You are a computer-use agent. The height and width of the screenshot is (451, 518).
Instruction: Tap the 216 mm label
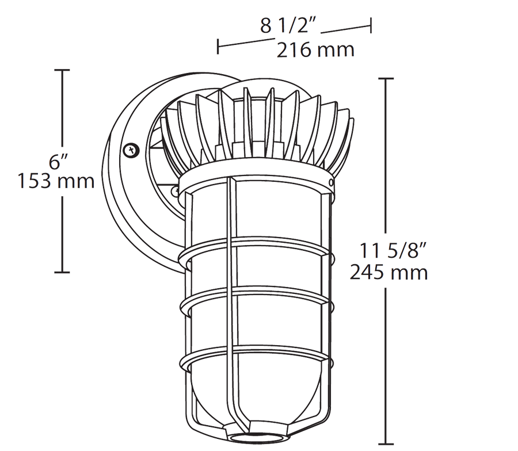(315, 50)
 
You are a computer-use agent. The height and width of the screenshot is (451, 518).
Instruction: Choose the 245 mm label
(389, 271)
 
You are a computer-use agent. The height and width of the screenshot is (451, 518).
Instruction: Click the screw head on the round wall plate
(132, 150)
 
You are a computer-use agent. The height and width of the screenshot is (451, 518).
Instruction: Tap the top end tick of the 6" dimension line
(62, 70)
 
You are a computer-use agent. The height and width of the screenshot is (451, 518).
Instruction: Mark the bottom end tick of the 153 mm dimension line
(62, 272)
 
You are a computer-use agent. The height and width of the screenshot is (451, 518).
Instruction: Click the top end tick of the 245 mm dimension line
(385, 78)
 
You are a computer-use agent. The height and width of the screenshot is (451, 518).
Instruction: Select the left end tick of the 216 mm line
(218, 46)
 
